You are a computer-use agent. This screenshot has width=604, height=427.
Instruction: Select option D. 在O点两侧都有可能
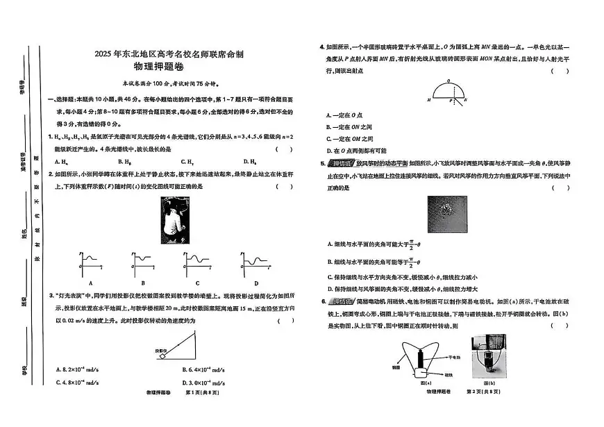356,150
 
